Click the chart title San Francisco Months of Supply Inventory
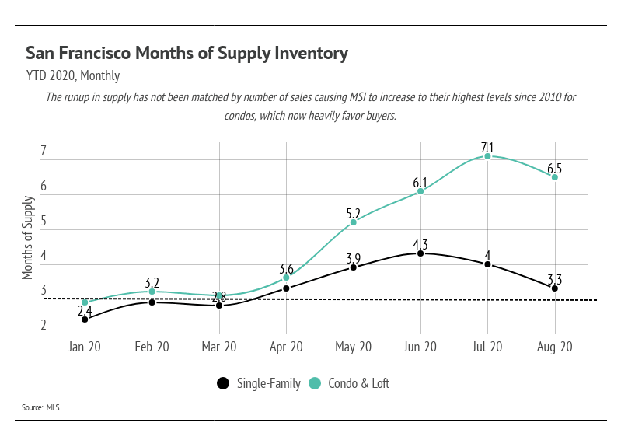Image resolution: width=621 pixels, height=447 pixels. (x=187, y=53)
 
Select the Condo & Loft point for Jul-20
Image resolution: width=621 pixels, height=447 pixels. (x=487, y=156)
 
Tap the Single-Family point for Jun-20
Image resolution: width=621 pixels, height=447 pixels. (x=420, y=253)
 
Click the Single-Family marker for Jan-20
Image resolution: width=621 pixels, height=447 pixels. (x=84, y=320)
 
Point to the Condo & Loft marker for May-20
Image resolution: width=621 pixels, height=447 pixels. (x=354, y=222)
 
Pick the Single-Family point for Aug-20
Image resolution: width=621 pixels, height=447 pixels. (x=555, y=288)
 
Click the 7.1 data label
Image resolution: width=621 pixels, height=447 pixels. (x=487, y=145)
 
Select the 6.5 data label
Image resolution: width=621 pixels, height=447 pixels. (x=555, y=166)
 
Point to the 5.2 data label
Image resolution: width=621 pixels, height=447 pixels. (x=354, y=211)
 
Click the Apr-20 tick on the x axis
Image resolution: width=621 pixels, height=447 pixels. (x=286, y=347)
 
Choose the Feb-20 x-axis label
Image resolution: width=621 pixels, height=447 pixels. (x=152, y=347)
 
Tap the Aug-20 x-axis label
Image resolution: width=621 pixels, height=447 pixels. (x=555, y=347)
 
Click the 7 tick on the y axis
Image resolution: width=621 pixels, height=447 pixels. (x=44, y=151)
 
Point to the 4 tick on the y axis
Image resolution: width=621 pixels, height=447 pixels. (x=44, y=257)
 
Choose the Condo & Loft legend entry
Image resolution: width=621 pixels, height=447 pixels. (x=349, y=383)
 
